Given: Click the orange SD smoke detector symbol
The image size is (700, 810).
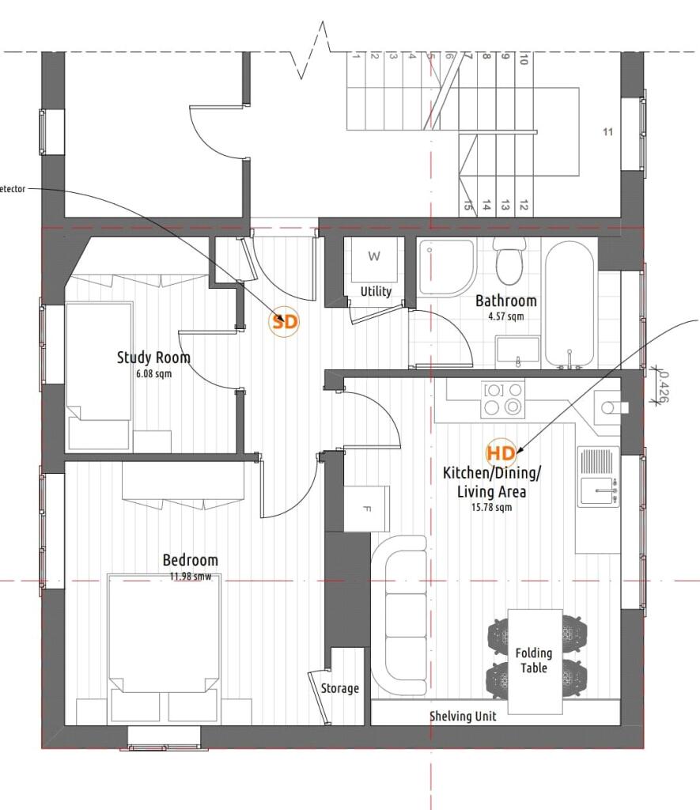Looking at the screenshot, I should [x=286, y=322].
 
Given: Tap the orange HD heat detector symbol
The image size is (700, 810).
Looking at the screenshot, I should [x=501, y=453].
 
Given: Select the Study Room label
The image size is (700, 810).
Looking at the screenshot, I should [x=153, y=358].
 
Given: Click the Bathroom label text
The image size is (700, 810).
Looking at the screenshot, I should [x=505, y=301].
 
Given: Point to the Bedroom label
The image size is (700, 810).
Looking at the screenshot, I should [x=190, y=560].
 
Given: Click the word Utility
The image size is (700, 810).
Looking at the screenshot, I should [x=376, y=291].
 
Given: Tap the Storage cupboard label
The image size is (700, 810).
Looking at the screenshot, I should [x=339, y=688].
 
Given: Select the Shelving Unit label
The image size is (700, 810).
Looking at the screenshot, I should [x=463, y=716].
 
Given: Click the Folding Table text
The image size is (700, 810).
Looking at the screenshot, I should [x=534, y=660].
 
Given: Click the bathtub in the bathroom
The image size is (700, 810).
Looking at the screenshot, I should [x=569, y=305].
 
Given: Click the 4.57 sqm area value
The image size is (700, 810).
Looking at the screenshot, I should [x=505, y=316].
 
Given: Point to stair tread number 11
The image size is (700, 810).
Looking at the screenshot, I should [x=607, y=132].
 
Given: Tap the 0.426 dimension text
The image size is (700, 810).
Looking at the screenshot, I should [x=663, y=387].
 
